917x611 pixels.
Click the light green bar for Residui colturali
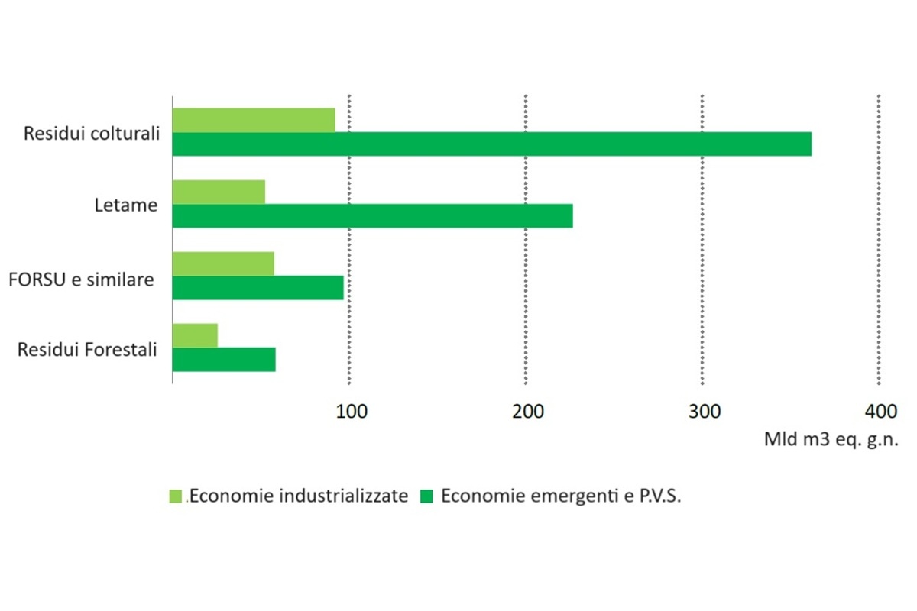254,120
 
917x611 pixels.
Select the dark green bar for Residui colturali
491,144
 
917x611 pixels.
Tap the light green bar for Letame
219,192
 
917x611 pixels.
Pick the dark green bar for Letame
372,216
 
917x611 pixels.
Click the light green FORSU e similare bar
223,263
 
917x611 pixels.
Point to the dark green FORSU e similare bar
258,287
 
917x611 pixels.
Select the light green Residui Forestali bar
195,335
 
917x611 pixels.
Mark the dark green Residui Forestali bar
224,359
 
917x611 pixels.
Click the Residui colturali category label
92,133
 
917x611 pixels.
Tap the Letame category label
126,205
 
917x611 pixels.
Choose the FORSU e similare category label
81,279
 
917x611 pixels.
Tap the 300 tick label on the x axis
704,412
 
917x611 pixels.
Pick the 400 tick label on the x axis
880,412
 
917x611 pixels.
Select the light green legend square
177,496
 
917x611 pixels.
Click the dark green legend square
427,496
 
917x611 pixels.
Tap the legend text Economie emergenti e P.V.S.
561,496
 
